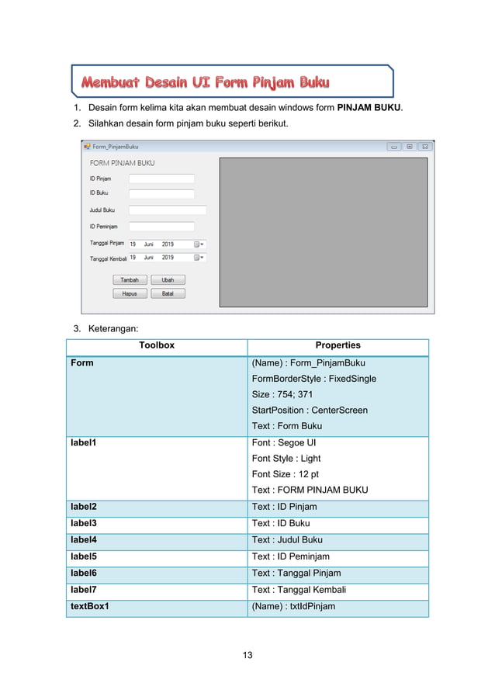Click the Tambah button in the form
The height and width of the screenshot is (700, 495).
click(130, 279)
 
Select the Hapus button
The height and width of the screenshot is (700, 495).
click(130, 293)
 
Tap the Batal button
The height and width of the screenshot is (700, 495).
click(168, 293)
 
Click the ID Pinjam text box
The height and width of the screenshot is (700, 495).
click(161, 178)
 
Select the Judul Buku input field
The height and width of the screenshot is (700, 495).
click(168, 210)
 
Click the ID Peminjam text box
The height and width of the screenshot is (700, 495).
click(161, 227)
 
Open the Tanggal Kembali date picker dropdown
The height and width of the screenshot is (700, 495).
click(199, 258)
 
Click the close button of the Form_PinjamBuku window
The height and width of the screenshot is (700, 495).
click(424, 146)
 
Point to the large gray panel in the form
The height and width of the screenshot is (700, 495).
click(323, 232)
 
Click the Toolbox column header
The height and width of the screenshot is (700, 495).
click(156, 346)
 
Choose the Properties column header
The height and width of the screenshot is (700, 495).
click(337, 346)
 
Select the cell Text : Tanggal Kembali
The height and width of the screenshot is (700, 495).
click(299, 590)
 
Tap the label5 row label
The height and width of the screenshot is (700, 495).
click(84, 556)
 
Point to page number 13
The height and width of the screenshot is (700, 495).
click(247, 655)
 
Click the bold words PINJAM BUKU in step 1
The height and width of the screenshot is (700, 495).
click(370, 106)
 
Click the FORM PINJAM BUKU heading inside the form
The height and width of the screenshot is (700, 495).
click(122, 163)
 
